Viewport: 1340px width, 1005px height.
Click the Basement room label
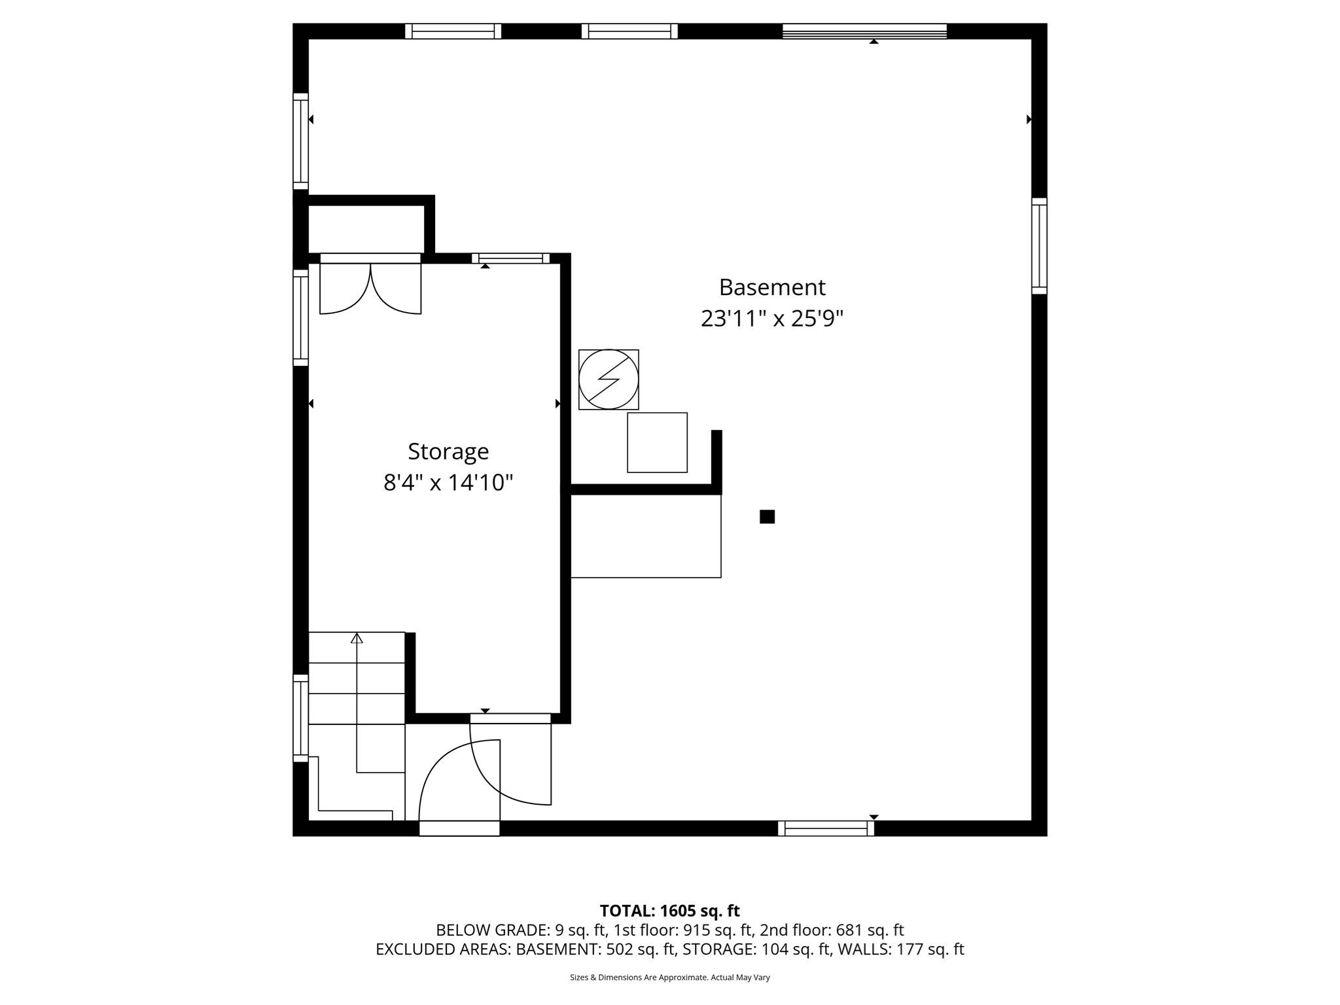point(772,287)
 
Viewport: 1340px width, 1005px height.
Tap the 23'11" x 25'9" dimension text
point(772,319)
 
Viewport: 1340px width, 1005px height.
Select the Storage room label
point(448,451)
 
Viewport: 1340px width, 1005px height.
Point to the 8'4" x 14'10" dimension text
point(448,483)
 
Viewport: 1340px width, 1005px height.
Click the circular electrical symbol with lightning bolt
point(608,379)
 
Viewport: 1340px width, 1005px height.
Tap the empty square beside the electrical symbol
point(657,442)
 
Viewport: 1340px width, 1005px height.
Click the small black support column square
point(767,517)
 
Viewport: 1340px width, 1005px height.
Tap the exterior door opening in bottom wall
point(459,828)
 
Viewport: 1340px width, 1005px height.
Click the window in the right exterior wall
point(1039,246)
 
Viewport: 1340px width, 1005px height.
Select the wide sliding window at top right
point(864,31)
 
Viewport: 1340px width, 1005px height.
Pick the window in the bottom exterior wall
point(826,828)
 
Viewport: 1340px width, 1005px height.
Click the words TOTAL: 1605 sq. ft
point(669,911)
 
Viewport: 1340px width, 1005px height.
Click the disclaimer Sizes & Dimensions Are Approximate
point(669,978)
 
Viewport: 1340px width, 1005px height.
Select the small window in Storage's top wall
point(510,258)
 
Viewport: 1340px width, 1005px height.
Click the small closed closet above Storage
point(366,229)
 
